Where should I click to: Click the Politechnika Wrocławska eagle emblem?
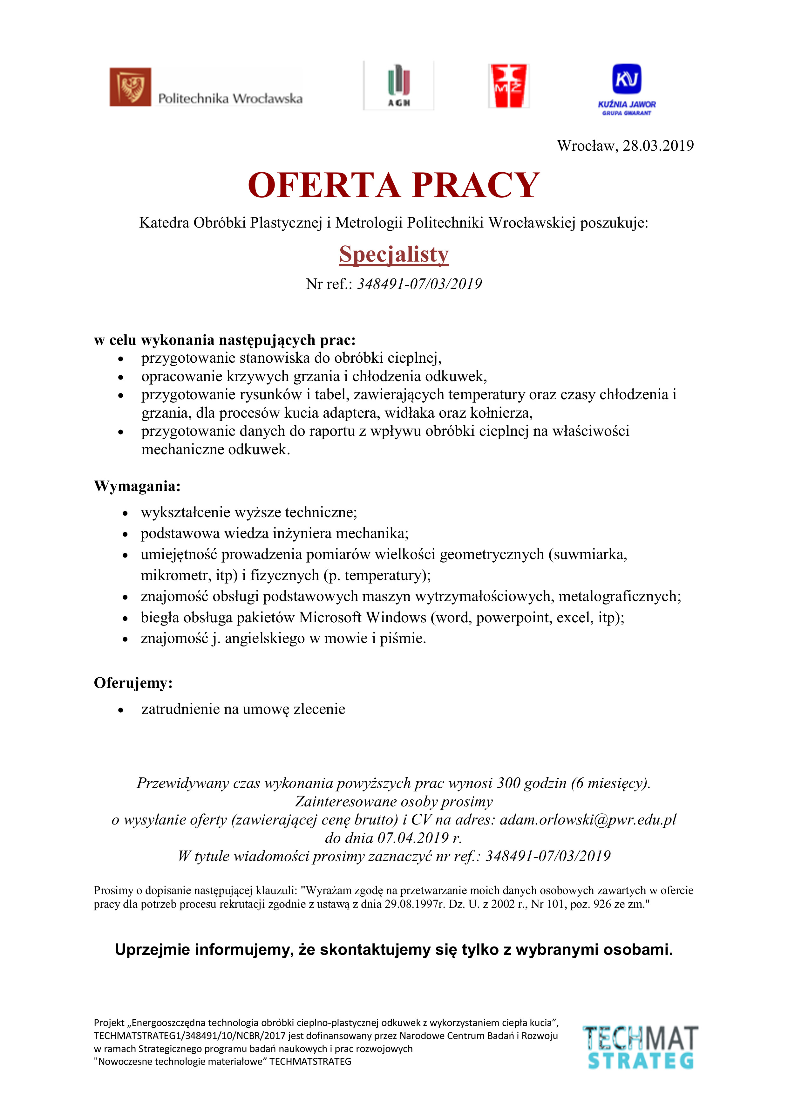[130, 87]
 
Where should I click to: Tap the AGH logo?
[399, 86]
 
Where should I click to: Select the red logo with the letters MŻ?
[508, 86]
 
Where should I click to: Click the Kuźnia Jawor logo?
[627, 89]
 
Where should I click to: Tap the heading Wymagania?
[137, 486]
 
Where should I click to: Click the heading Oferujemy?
[133, 683]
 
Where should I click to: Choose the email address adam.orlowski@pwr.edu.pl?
[588, 820]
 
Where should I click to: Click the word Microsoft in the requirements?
[330, 617]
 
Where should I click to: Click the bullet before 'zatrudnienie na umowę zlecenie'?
[121, 710]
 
